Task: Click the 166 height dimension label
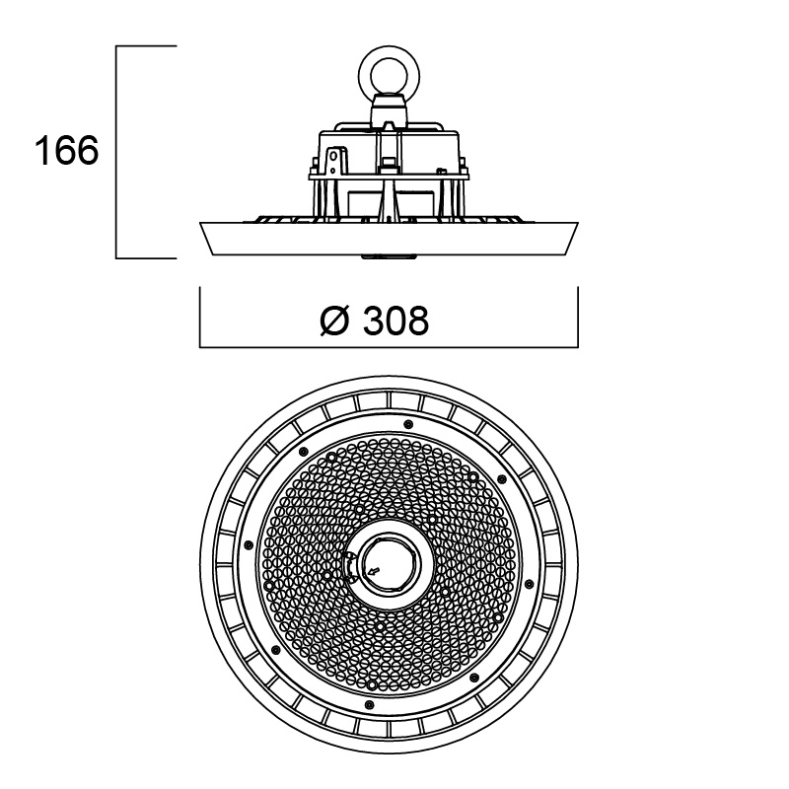(66, 151)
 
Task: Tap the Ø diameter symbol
(334, 321)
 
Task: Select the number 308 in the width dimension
(395, 321)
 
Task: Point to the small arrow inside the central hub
(374, 570)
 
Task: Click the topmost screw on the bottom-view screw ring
(408, 424)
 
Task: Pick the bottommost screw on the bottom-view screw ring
(369, 704)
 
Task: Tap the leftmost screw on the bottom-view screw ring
(248, 544)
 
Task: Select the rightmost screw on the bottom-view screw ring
(529, 584)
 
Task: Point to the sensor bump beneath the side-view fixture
(389, 257)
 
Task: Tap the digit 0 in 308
(395, 321)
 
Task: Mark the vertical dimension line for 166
(116, 152)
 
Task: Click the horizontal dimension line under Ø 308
(389, 347)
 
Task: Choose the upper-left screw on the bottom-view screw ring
(303, 452)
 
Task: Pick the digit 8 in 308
(417, 321)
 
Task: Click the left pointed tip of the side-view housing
(200, 223)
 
